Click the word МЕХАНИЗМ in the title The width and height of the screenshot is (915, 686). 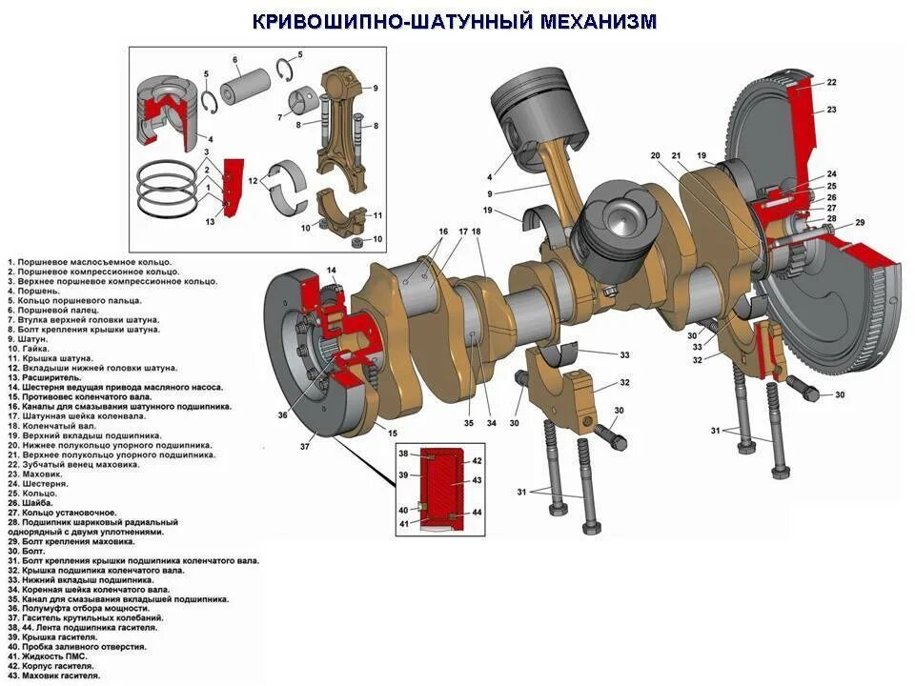598,21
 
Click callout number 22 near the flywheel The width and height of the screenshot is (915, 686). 831,83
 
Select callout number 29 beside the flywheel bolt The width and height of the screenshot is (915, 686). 859,223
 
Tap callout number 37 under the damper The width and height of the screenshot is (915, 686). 305,447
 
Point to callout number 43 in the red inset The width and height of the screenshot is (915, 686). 477,481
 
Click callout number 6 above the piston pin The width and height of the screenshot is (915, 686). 234,61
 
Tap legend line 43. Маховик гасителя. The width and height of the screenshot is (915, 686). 53,676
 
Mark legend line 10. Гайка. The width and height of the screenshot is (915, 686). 29,349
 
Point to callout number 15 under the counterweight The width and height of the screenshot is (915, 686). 393,434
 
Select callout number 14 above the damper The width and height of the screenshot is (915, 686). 332,272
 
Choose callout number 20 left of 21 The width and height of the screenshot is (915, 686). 655,155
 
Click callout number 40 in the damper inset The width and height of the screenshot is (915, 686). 403,511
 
